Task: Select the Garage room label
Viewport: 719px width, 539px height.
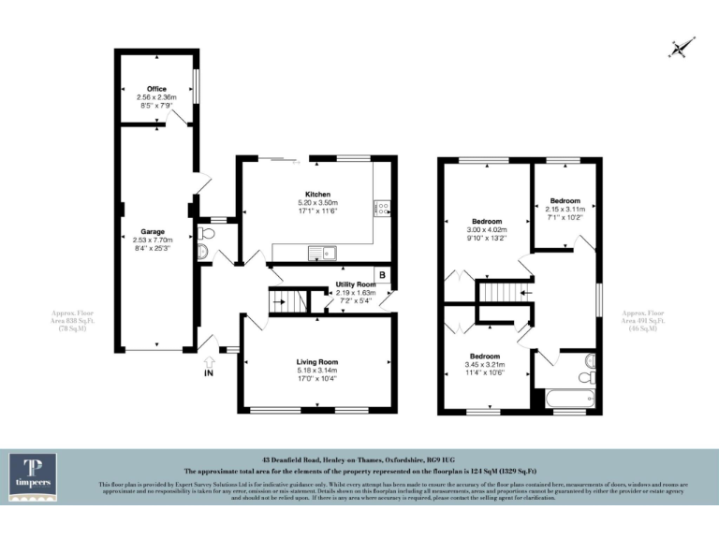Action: click(x=153, y=231)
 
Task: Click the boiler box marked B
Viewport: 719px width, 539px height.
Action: click(x=382, y=276)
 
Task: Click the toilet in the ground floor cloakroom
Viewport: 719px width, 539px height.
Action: click(x=204, y=252)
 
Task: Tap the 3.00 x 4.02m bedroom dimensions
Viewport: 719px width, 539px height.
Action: click(x=486, y=229)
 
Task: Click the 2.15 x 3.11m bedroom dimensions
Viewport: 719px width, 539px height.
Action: click(x=565, y=210)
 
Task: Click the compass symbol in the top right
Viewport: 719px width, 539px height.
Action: click(x=682, y=46)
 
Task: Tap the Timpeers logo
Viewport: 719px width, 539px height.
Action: click(x=33, y=477)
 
